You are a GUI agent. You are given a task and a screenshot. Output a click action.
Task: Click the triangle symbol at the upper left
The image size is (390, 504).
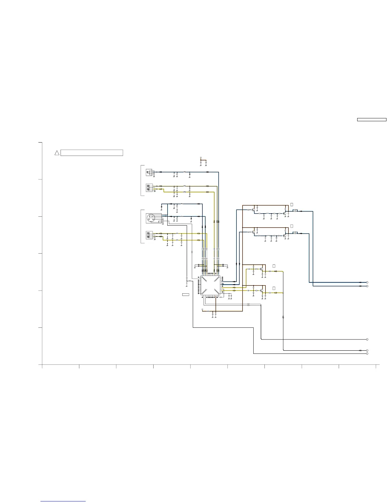tap(57, 153)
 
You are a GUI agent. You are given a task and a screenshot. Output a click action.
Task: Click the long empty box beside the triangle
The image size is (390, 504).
tap(92, 153)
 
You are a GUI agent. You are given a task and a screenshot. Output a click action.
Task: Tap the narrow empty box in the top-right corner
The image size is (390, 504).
tap(371, 120)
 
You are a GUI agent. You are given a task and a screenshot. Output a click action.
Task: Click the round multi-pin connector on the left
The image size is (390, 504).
tap(151, 218)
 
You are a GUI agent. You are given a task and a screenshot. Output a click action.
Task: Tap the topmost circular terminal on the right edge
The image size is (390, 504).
tap(367, 282)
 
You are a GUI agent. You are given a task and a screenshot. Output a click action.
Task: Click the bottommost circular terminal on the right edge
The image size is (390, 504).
tap(367, 353)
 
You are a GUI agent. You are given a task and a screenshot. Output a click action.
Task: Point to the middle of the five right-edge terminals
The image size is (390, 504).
tap(367, 339)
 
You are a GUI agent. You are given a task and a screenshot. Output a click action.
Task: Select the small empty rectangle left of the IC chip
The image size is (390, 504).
tap(185, 295)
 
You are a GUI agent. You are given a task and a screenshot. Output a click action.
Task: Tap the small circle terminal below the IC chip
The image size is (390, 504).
tap(202, 309)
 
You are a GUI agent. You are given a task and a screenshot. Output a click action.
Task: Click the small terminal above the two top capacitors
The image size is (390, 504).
tap(201, 157)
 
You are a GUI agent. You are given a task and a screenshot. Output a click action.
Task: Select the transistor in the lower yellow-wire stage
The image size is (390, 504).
tap(262, 290)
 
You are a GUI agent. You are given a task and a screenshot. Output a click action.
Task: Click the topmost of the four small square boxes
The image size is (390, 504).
tap(292, 204)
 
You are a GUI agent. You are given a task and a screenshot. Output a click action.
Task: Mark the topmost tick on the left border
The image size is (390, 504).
tap(40, 143)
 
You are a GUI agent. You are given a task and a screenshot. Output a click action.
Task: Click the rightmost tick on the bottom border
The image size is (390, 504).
tap(376, 366)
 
